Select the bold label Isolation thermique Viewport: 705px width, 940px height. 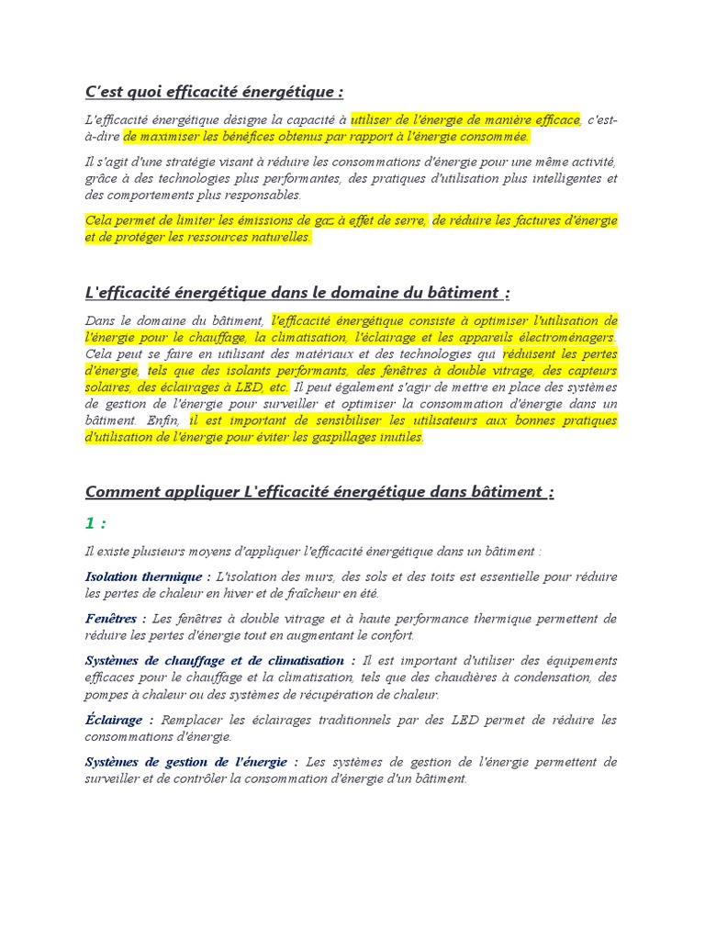coord(144,576)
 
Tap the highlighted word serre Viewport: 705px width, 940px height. coord(409,220)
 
